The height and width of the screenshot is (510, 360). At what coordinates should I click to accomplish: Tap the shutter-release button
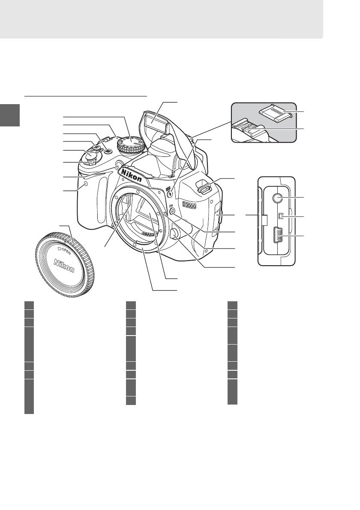(x=90, y=157)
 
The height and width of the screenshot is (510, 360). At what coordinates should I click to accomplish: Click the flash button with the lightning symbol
(x=171, y=194)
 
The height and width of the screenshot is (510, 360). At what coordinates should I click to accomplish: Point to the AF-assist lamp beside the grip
(x=119, y=163)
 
